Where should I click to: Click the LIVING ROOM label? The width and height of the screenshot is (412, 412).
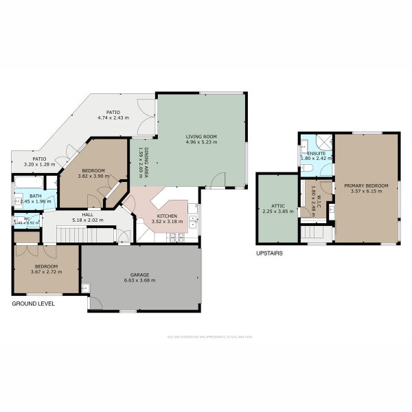pos(201,137)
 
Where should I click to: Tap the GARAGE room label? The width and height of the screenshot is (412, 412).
pos(141,275)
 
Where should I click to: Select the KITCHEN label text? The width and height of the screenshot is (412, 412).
pos(167,216)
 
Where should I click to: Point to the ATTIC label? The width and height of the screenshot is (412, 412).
pos(277,205)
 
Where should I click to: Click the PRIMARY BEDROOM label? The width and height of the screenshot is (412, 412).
pos(366,185)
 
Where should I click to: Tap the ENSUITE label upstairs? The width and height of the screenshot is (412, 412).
pos(316,152)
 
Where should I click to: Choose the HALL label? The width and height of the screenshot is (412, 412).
pos(87,215)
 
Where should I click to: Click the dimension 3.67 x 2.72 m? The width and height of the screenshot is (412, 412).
pos(47,272)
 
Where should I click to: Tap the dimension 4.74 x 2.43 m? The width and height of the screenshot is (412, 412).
pos(113,117)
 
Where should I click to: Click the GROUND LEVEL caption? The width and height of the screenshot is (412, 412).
pos(33,303)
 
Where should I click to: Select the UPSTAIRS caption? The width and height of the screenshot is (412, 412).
pos(269,253)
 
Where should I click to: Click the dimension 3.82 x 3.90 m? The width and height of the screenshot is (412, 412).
pos(93,176)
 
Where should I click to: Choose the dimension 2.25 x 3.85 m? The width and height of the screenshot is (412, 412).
pos(277,211)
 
